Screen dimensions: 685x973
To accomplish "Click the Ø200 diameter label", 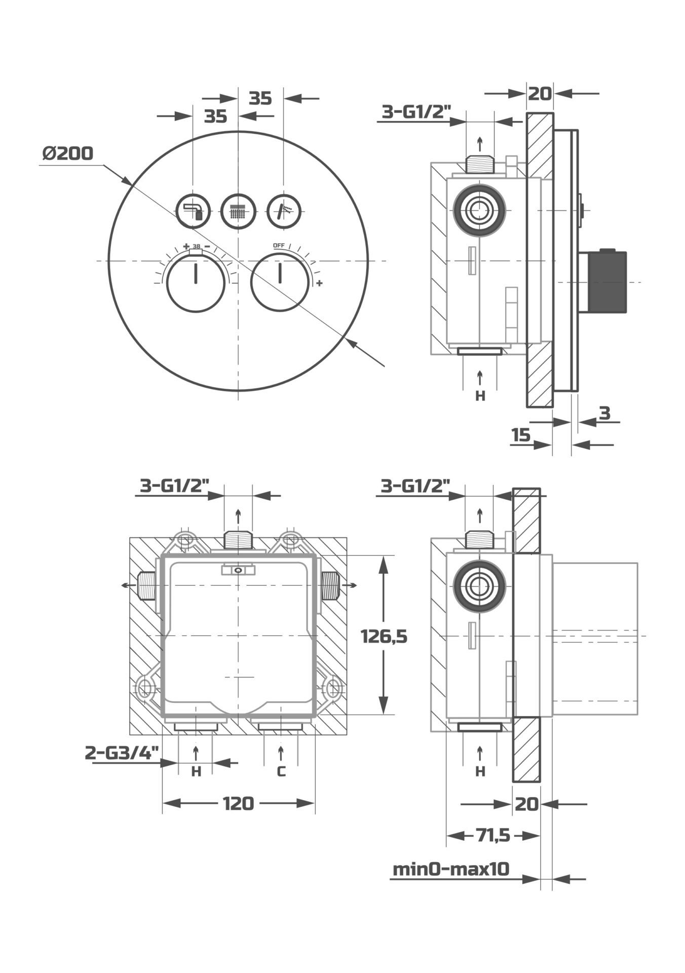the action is [x=68, y=153].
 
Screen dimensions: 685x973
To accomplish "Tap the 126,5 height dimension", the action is [x=384, y=635].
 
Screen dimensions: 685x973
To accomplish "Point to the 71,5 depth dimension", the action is [x=492, y=835].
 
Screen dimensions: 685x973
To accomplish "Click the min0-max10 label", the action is [x=451, y=869].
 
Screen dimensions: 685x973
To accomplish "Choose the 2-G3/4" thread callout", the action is [x=122, y=753].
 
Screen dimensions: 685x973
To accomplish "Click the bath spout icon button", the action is [x=193, y=211].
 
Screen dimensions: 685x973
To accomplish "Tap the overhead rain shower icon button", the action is [x=238, y=211].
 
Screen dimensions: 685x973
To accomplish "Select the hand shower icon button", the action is [x=284, y=211].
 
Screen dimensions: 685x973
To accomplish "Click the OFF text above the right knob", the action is [x=279, y=245].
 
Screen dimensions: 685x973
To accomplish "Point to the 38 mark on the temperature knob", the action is [x=196, y=246].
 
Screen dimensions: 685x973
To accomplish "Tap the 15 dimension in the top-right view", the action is [x=520, y=435].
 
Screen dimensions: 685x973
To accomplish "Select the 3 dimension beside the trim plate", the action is [x=605, y=413].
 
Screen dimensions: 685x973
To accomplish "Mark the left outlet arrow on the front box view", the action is [x=129, y=585].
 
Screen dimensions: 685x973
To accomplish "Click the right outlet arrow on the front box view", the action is [x=350, y=585].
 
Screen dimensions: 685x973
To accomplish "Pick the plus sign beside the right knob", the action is [x=319, y=283].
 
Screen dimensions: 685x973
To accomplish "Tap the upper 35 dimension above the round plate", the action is [x=260, y=98].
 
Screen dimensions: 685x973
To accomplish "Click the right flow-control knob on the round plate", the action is [x=280, y=283].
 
